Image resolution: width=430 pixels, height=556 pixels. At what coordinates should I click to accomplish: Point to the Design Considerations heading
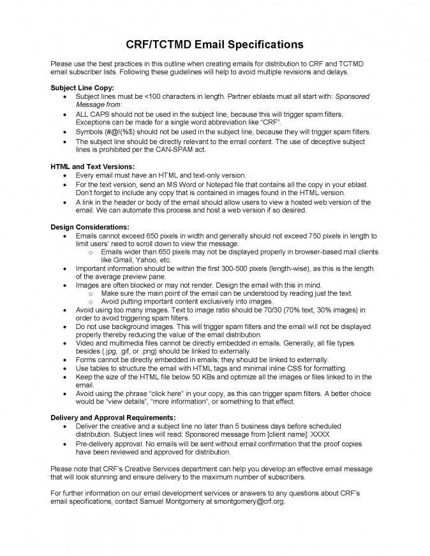[89, 227]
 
